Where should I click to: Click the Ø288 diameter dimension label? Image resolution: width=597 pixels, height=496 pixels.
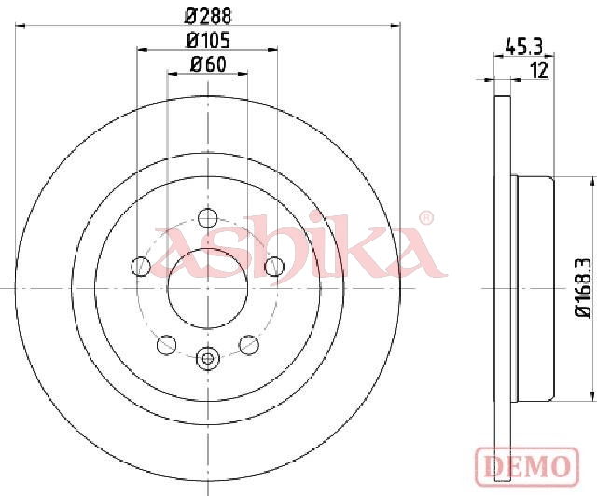click(x=208, y=17)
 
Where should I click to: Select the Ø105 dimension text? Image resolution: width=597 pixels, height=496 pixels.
click(x=208, y=41)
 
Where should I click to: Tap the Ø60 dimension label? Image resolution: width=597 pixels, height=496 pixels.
click(x=208, y=64)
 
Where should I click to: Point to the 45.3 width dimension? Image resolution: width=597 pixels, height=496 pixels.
click(x=522, y=48)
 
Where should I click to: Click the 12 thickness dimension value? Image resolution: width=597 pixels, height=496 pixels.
click(x=539, y=71)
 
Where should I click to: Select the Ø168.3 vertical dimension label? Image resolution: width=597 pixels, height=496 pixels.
click(x=583, y=287)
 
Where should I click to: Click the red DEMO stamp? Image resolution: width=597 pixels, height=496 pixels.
click(x=527, y=467)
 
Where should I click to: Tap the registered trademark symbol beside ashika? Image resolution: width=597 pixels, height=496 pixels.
click(x=426, y=218)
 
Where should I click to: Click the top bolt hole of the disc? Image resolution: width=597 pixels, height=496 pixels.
click(x=208, y=218)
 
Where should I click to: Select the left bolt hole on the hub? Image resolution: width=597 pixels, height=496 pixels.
click(x=141, y=267)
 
